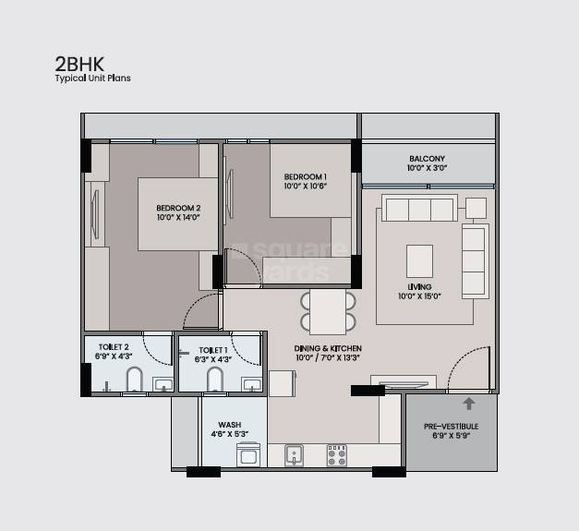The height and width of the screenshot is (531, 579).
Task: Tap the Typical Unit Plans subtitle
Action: click(x=92, y=78)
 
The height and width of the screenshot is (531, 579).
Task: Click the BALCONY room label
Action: click(x=427, y=159)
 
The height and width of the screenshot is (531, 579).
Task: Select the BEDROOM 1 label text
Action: click(x=305, y=176)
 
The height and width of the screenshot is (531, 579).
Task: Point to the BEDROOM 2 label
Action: click(x=178, y=208)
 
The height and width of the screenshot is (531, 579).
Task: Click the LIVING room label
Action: click(x=419, y=286)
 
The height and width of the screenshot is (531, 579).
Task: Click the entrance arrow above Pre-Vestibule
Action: click(x=468, y=404)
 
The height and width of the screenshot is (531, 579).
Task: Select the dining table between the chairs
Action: click(x=327, y=311)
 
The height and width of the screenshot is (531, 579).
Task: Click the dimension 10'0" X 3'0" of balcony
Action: click(x=427, y=169)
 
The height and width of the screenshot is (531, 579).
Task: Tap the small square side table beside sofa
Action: click(x=476, y=207)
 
